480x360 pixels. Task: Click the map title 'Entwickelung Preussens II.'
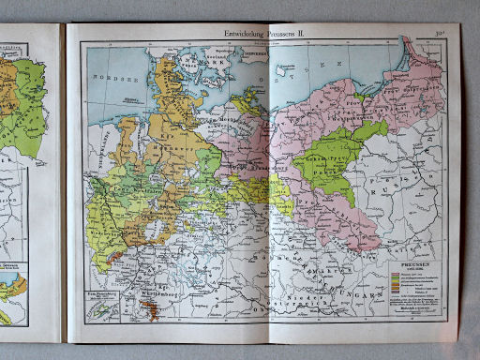tap(264, 34)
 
